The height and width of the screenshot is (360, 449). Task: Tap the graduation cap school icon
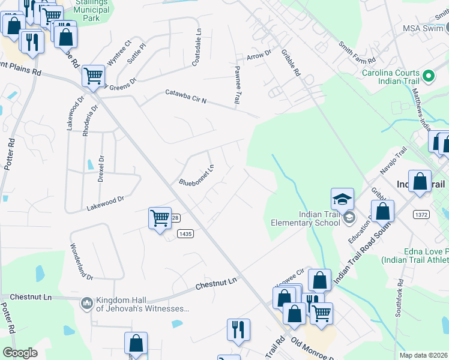click(x=342, y=199)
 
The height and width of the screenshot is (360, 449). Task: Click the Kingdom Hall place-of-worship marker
click(x=87, y=304)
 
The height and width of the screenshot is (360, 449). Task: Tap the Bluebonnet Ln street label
click(x=196, y=175)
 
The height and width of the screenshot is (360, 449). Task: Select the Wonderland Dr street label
click(x=82, y=262)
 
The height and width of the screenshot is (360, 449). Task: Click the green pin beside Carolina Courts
click(x=428, y=76)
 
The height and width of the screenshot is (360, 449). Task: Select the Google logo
click(x=20, y=353)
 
